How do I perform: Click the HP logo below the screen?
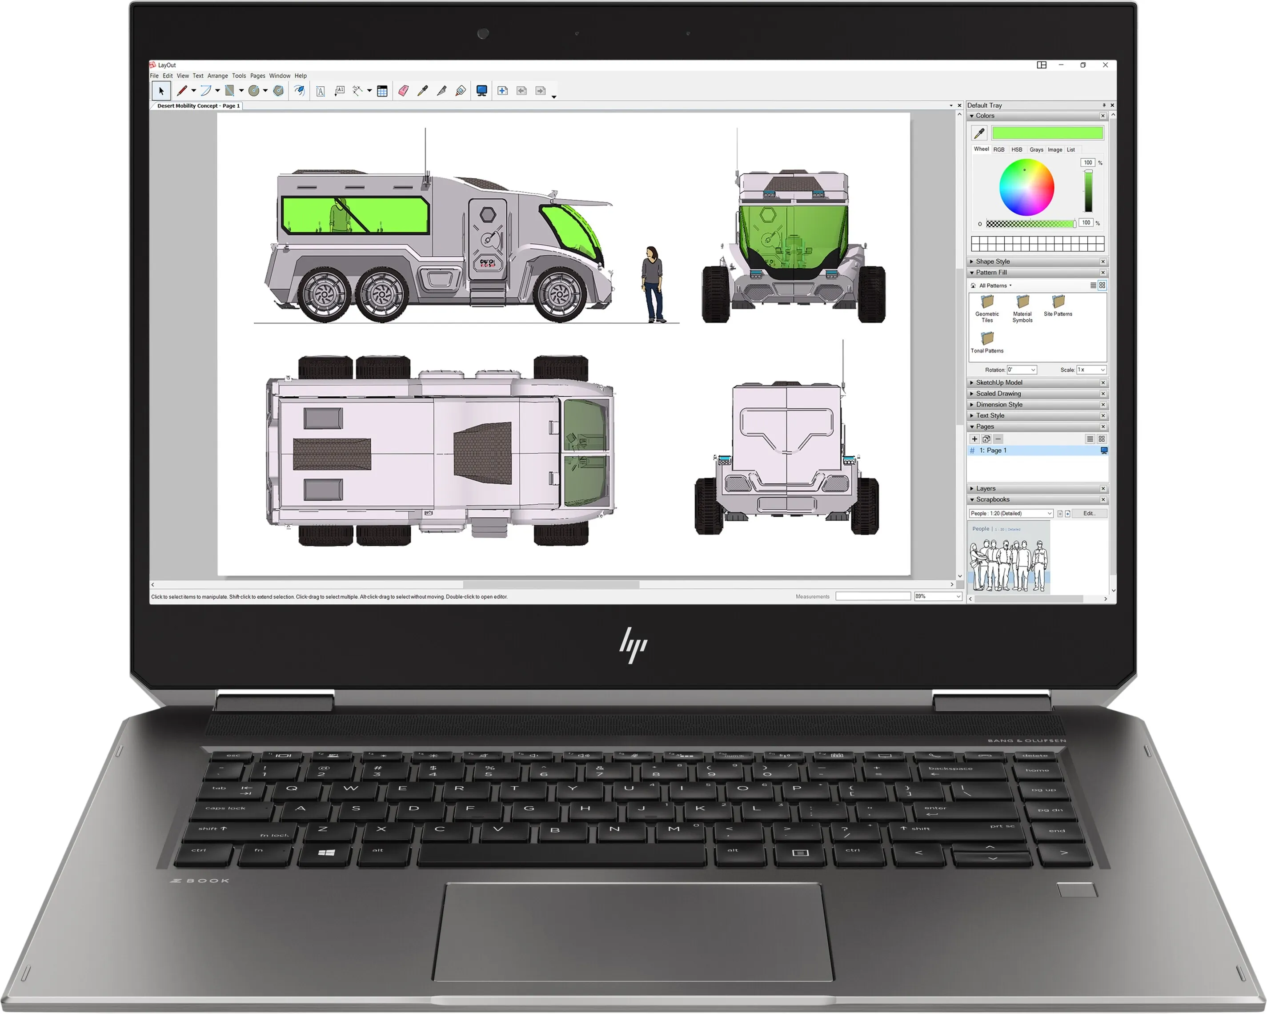[633, 645]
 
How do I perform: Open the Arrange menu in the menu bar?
[217, 76]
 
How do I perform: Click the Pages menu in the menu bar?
[257, 76]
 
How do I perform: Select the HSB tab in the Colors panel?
[1017, 150]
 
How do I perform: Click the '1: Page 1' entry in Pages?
[993, 450]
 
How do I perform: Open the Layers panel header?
[986, 488]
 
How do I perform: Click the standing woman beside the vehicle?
[652, 284]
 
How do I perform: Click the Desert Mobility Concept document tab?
[198, 106]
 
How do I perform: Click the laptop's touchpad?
[633, 932]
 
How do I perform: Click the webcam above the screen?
[483, 33]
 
